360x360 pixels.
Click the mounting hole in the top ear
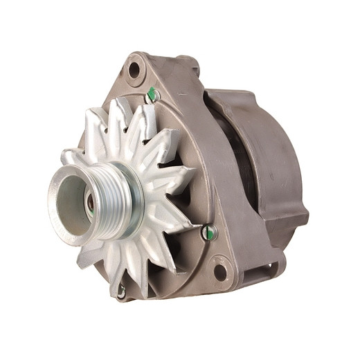pyautogui.click(x=134, y=69)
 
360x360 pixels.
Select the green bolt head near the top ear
pyautogui.click(x=152, y=94)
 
